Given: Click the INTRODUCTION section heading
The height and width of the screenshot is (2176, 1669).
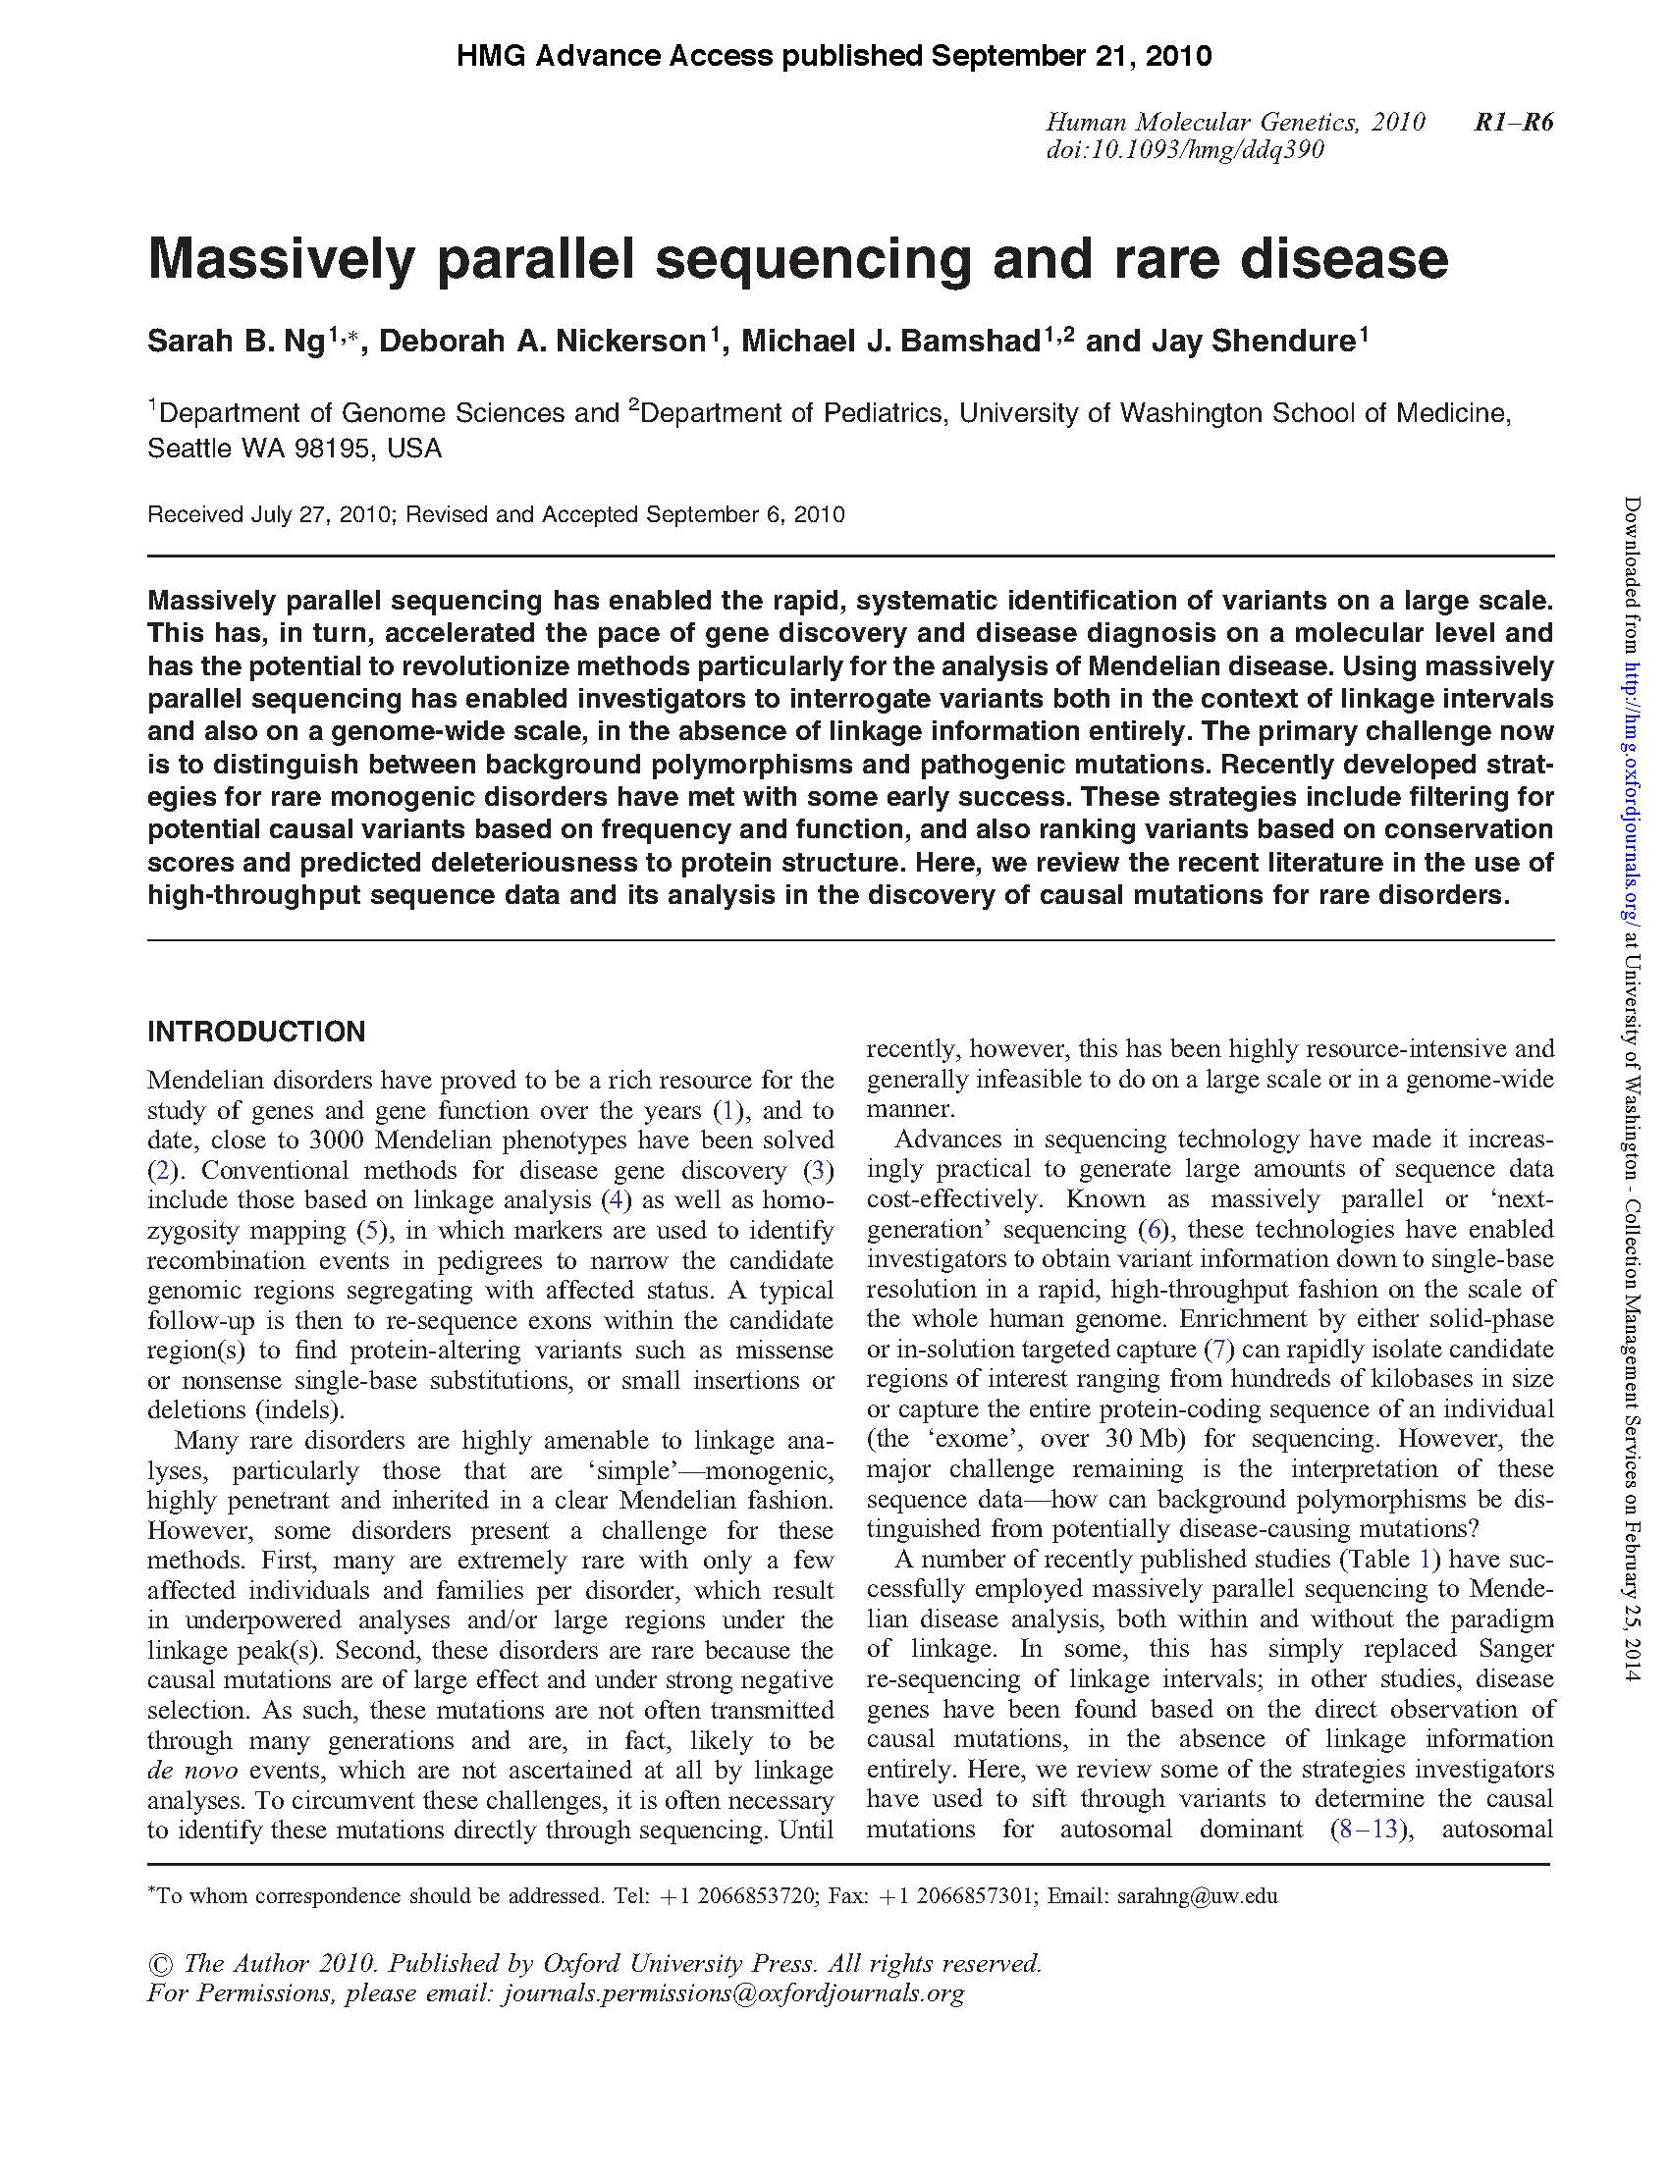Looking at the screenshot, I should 256,1032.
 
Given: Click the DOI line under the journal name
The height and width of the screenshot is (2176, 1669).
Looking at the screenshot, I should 1184,150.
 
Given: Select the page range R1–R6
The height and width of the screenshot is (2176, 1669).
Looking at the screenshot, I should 1513,122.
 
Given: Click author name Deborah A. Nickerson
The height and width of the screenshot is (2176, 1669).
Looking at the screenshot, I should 542,342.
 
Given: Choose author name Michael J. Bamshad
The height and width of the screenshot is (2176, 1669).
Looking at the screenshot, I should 890,342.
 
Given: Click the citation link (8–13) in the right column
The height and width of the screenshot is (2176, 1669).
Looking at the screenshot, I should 1370,1829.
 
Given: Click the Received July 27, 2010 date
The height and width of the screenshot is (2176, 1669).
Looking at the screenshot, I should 264,514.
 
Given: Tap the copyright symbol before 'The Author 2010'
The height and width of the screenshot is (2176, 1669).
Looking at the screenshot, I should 159,1963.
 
